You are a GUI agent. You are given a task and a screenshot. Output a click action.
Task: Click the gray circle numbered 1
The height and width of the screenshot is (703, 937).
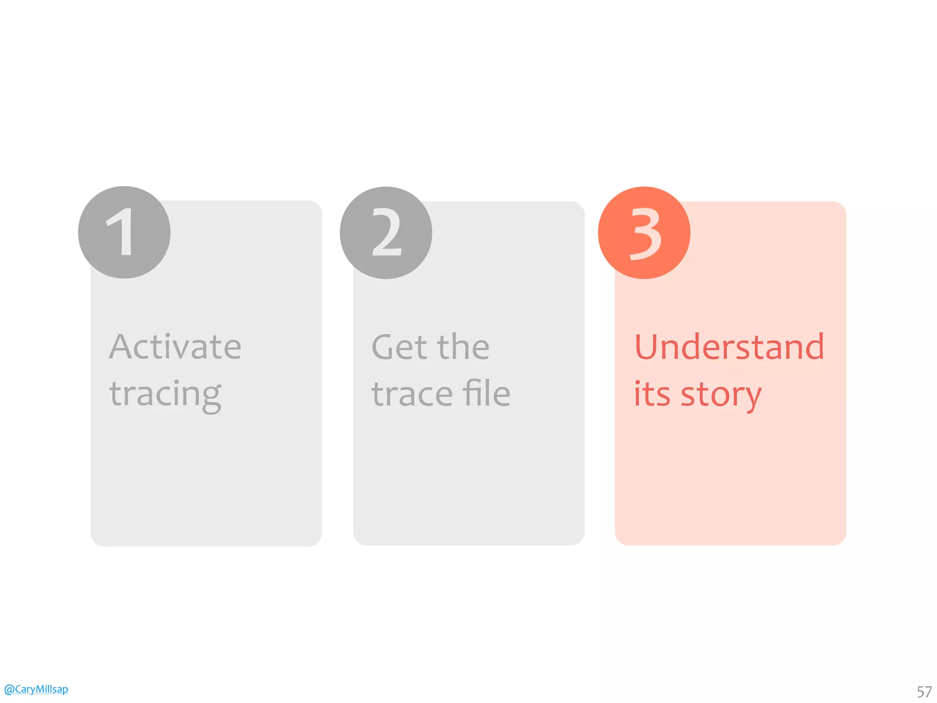click(x=124, y=233)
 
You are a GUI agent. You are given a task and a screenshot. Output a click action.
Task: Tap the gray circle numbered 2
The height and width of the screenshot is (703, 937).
click(x=386, y=233)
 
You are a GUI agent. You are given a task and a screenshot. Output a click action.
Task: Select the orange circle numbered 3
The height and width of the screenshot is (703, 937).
click(x=644, y=233)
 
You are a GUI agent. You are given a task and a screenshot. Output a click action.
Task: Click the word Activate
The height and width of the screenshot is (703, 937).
click(x=175, y=346)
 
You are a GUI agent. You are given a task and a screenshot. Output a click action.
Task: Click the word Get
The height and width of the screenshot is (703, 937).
click(x=399, y=346)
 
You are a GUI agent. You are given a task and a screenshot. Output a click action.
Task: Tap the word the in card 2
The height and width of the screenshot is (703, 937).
click(x=463, y=346)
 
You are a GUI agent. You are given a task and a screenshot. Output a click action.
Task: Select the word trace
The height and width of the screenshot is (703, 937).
click(x=412, y=394)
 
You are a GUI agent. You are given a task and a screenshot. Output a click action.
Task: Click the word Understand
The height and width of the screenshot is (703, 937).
click(x=729, y=346)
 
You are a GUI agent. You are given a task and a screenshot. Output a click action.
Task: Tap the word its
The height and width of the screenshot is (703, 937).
click(x=652, y=394)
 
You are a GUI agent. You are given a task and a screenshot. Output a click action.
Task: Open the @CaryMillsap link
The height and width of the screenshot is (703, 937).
click(x=36, y=689)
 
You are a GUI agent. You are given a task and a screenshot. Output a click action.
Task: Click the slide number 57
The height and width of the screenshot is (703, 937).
click(x=924, y=692)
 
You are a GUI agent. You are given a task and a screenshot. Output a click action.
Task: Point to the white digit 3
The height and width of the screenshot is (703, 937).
click(x=646, y=233)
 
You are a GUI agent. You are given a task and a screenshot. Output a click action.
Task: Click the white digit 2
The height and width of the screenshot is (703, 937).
click(x=387, y=233)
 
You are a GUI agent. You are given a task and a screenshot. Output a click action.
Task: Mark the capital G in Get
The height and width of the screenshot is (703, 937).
click(x=384, y=346)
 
